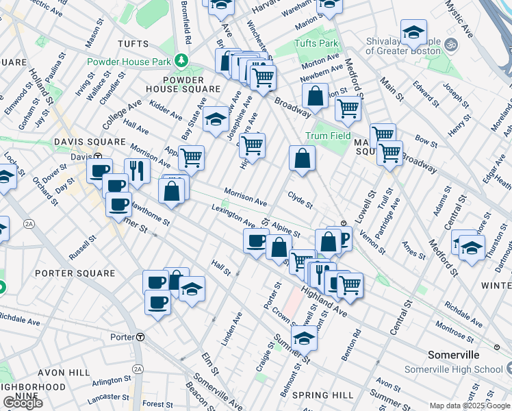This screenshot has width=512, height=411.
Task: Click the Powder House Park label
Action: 128,60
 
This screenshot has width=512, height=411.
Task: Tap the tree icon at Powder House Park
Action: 181,60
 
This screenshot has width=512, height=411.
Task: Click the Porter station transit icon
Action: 140,337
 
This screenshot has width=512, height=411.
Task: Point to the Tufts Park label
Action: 317,43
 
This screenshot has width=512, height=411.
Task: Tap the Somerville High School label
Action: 463,370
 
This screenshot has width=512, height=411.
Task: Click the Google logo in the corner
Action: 23,403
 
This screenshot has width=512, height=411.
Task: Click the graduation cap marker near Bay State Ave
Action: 216,121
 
